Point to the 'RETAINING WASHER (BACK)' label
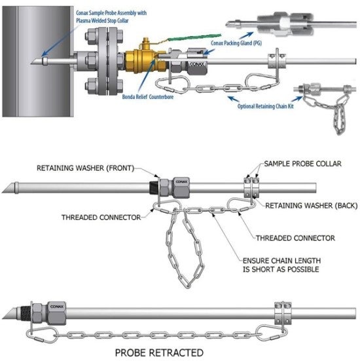(309, 205)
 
